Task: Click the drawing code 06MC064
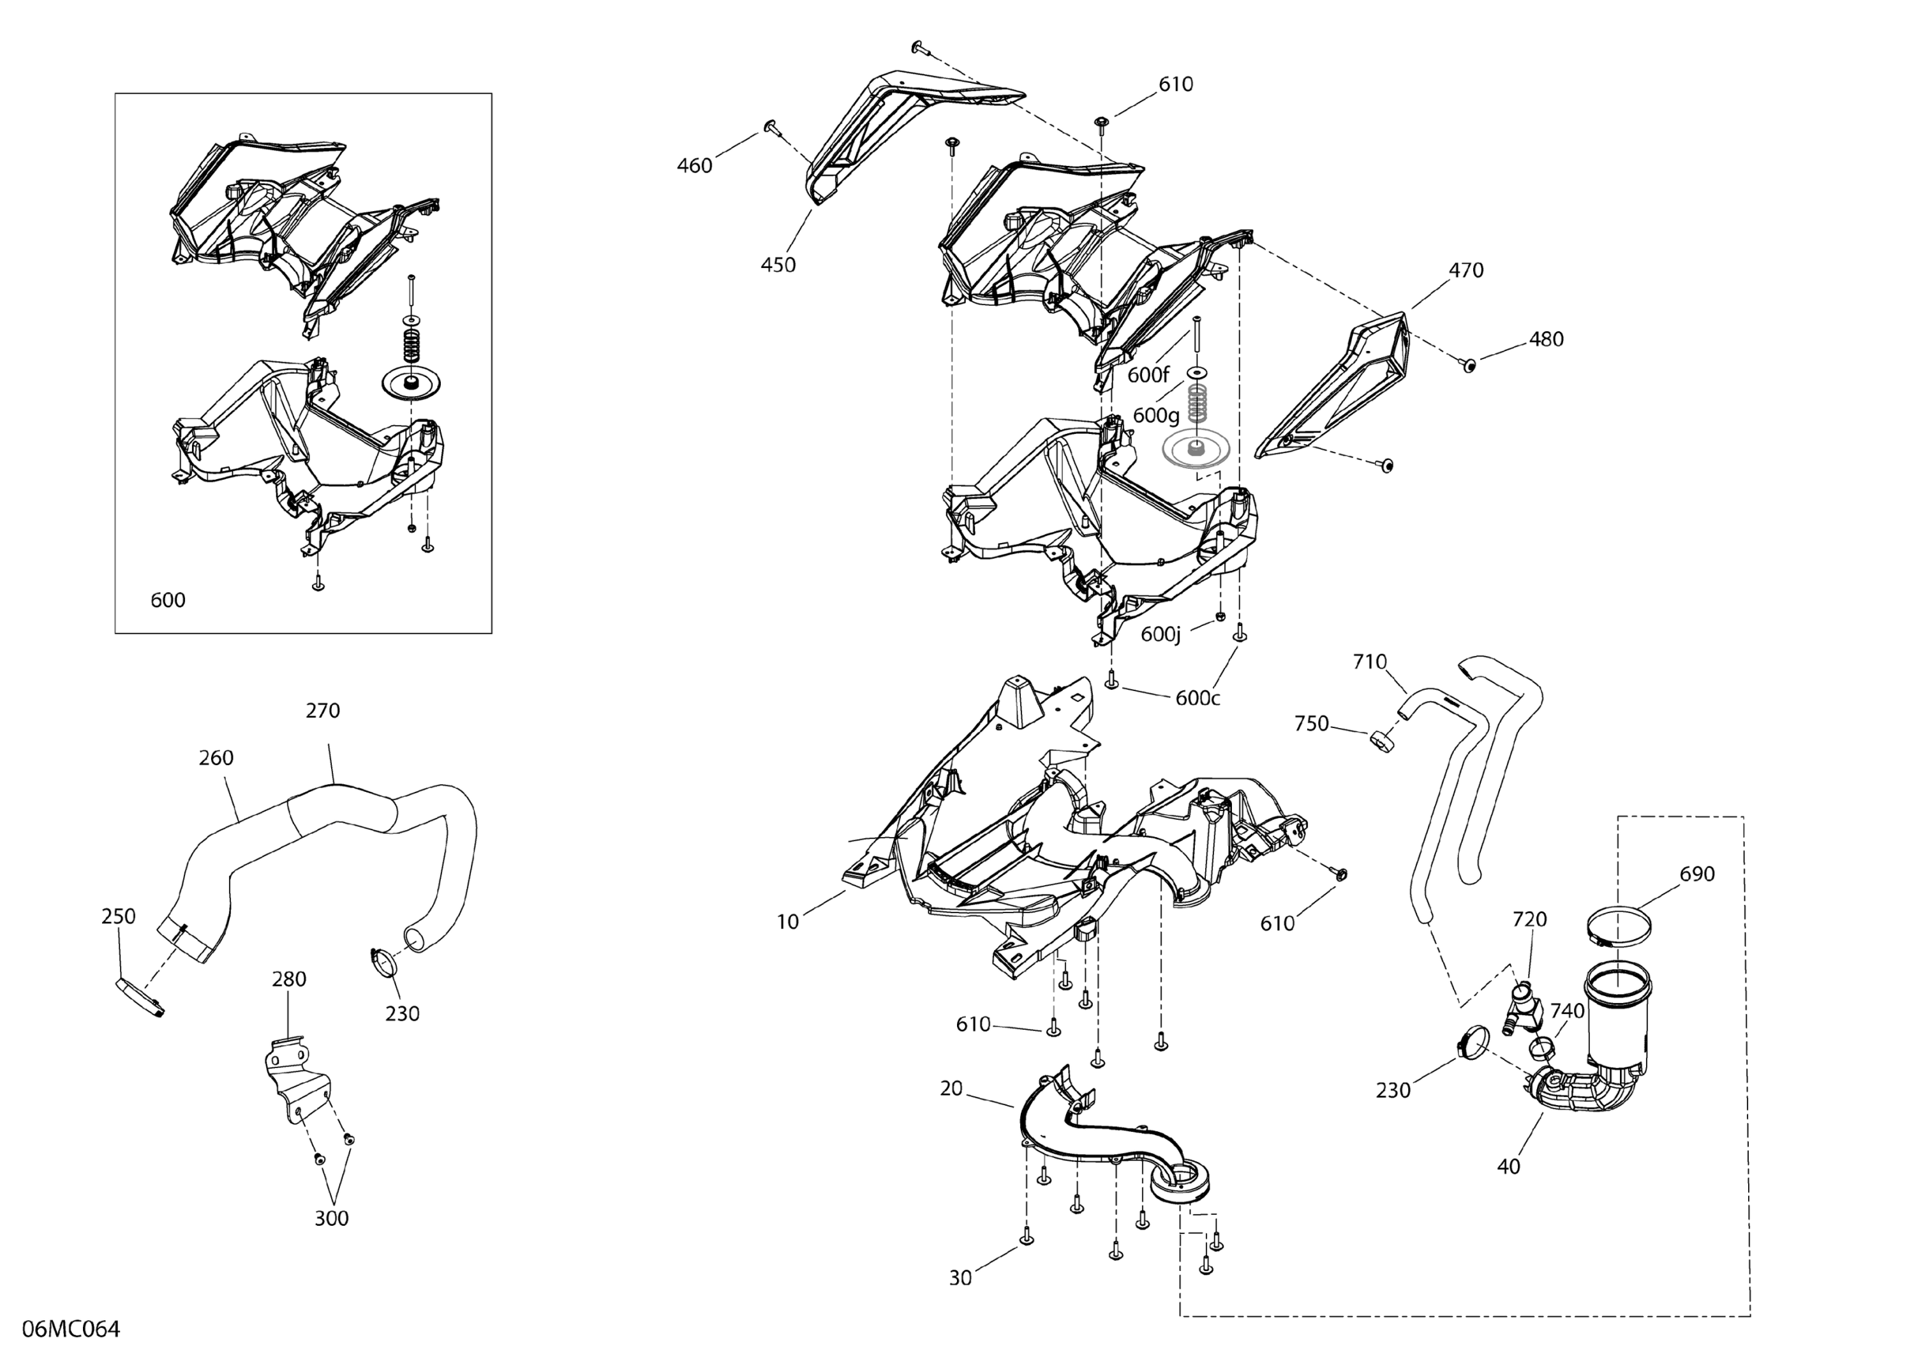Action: coord(71,1328)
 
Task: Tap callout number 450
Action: coord(778,265)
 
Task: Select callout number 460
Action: coord(694,166)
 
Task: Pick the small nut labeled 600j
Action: coord(1220,618)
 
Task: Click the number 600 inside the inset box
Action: coord(168,600)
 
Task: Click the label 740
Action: coord(1566,1011)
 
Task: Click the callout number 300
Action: coord(331,1219)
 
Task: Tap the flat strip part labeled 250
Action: coord(138,997)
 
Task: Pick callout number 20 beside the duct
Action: coord(951,1089)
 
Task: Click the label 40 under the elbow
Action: coord(1508,1167)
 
